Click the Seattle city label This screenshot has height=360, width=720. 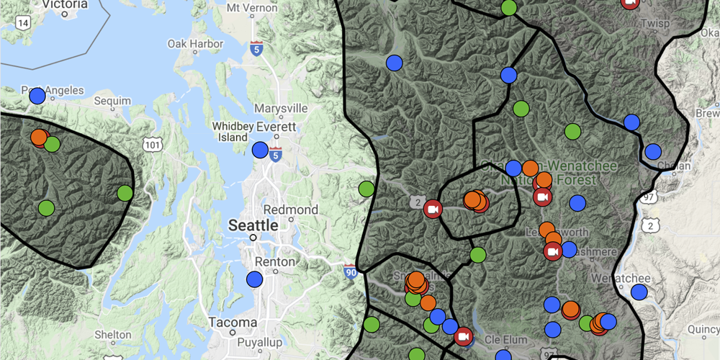click(x=253, y=225)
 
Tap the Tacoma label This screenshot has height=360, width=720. click(x=233, y=322)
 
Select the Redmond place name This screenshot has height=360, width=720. click(x=291, y=210)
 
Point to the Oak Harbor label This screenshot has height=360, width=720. click(x=195, y=43)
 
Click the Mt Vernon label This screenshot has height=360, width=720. click(x=252, y=8)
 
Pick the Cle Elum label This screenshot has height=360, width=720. click(x=502, y=339)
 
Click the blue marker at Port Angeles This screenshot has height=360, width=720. click(x=37, y=96)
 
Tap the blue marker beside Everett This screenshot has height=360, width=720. click(x=260, y=150)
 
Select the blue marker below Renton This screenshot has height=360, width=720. click(x=254, y=279)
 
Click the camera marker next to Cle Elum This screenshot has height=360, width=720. click(x=463, y=336)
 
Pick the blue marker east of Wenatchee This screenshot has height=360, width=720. click(x=639, y=292)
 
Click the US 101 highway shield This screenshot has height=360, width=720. click(x=152, y=145)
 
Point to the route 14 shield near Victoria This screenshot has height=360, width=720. click(x=24, y=22)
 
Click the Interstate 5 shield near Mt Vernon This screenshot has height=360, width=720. click(x=257, y=49)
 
